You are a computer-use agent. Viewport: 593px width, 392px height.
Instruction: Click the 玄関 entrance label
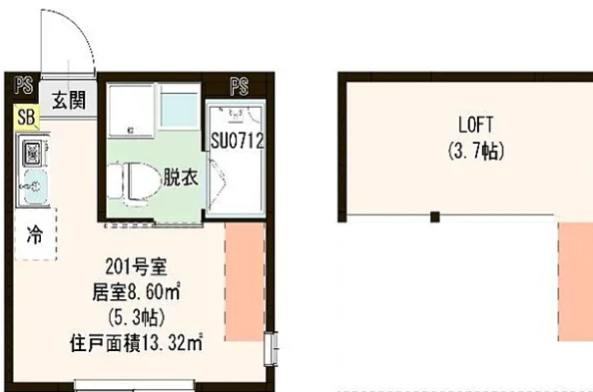point(69,100)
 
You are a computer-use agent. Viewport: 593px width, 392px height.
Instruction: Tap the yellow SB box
point(27,117)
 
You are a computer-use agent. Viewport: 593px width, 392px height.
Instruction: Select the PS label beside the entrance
point(23,86)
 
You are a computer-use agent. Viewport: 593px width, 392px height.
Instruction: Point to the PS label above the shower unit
point(240,87)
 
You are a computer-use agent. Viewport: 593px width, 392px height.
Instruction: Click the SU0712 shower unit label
point(238,141)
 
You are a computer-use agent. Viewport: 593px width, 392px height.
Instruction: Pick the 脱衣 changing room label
point(181,177)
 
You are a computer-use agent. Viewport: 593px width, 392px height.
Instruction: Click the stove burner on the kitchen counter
point(33,153)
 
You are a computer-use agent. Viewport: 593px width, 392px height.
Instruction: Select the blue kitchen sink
point(35,187)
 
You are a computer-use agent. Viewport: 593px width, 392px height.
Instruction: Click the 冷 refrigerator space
point(35,233)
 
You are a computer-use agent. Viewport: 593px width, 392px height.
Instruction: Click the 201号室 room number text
point(136,267)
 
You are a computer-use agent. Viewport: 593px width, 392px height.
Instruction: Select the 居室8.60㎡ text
point(136,292)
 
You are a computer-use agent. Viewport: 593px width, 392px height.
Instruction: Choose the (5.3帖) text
point(136,317)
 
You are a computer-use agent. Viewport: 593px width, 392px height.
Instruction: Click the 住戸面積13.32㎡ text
point(136,343)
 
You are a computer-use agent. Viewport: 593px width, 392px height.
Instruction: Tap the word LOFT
point(475,125)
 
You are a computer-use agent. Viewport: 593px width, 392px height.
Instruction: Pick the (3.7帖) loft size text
point(476,152)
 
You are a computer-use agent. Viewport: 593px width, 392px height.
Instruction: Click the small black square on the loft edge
point(435,217)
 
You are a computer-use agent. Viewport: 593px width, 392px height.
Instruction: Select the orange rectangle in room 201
point(245,281)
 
